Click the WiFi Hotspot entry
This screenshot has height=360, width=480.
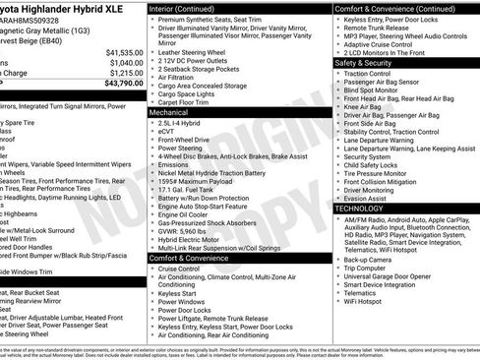pyautogui.click(x=370, y=301)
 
